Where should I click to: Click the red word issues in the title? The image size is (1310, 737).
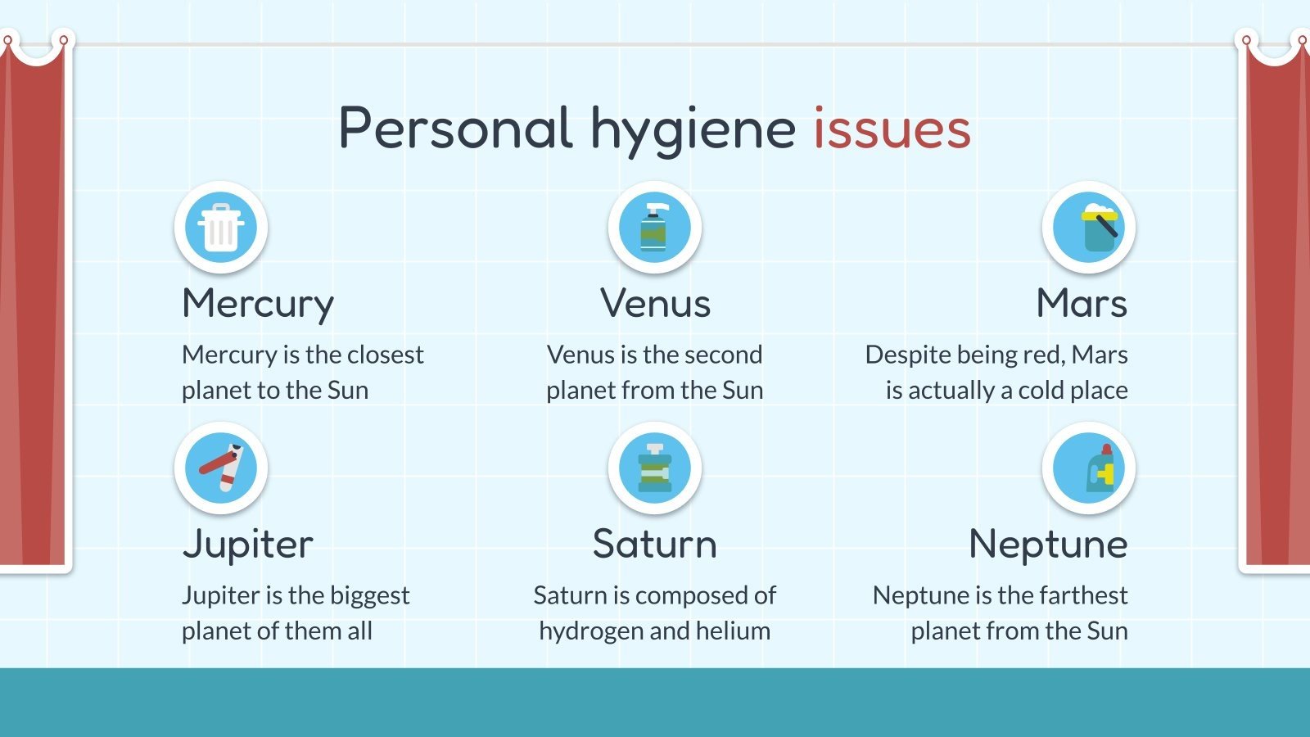pyautogui.click(x=892, y=129)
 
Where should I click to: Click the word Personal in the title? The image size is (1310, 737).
pyautogui.click(x=455, y=129)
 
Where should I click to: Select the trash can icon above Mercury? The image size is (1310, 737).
pyautogui.click(x=221, y=228)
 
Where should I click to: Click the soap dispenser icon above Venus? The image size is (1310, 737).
pyautogui.click(x=654, y=228)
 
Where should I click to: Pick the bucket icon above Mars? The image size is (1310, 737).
pyautogui.click(x=1088, y=228)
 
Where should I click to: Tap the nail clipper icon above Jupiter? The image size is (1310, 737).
pyautogui.click(x=221, y=468)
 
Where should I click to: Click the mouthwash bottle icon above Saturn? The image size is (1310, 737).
pyautogui.click(x=654, y=468)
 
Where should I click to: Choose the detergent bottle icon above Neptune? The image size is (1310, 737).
pyautogui.click(x=1088, y=468)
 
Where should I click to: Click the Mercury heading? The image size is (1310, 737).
pyautogui.click(x=258, y=304)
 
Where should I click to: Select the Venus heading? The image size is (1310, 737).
pyautogui.click(x=655, y=303)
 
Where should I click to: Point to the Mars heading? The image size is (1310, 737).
pyautogui.click(x=1082, y=303)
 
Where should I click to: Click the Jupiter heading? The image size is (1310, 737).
pyautogui.click(x=247, y=545)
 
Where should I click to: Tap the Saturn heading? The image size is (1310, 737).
pyautogui.click(x=655, y=544)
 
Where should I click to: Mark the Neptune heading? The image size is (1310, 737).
pyautogui.click(x=1048, y=545)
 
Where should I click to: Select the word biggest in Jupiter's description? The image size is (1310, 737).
pyautogui.click(x=368, y=596)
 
